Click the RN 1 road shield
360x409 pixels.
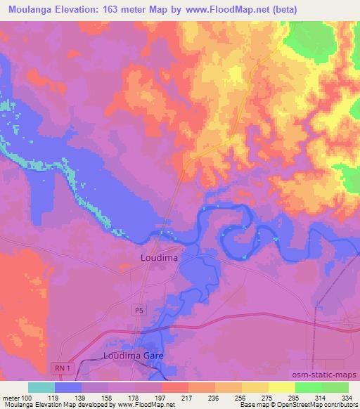[61, 368]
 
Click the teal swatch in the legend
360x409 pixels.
[41, 387]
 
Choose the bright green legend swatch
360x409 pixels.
[309, 387]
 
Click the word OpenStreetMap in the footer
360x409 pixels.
[289, 405]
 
